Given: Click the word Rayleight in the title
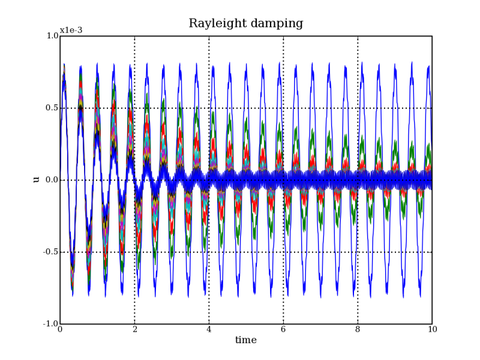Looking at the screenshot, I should (217, 24).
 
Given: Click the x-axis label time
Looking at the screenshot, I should (245, 340).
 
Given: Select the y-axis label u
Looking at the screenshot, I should (36, 179).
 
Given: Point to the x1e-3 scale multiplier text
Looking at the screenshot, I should (71, 31).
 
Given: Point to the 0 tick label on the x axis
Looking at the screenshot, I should (60, 329).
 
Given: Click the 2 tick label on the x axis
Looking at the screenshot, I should (134, 329).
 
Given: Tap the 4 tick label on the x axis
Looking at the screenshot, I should (209, 329).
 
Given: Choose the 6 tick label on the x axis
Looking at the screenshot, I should (283, 329).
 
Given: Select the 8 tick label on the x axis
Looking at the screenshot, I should (358, 329).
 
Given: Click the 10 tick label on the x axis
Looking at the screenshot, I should (432, 329).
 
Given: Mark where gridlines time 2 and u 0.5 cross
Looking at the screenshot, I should (134, 108).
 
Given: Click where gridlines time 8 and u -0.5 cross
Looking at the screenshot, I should (358, 252).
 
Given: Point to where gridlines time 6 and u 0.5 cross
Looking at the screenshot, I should (283, 108).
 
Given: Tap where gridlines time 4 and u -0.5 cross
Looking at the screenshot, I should (209, 252).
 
